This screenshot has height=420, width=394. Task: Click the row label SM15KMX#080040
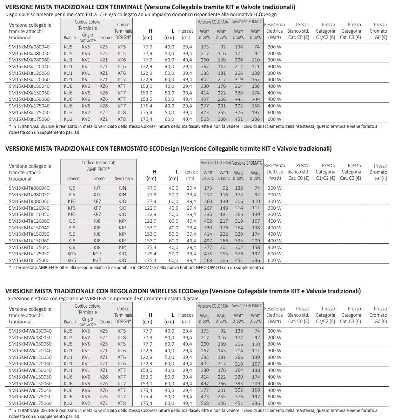[x=29, y=47]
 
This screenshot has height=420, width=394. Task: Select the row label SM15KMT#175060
[x=29, y=260]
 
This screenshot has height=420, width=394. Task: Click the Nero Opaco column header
[x=123, y=179]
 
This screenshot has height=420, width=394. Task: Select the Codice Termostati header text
[x=98, y=163]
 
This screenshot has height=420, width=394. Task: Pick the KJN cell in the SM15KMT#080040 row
[x=122, y=188]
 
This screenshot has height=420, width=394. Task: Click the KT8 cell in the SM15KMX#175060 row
[x=122, y=119]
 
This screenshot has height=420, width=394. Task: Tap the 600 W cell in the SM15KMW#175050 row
[x=274, y=396]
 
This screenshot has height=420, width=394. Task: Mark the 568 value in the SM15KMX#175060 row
[x=205, y=119]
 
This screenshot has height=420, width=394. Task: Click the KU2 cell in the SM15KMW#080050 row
[x=68, y=337]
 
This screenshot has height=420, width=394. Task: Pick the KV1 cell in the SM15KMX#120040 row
[x=86, y=66]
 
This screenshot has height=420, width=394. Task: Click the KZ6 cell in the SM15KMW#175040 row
[x=104, y=390]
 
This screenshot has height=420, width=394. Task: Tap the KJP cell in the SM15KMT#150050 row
[x=122, y=234]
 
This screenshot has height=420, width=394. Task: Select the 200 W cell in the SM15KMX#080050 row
[x=274, y=53]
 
